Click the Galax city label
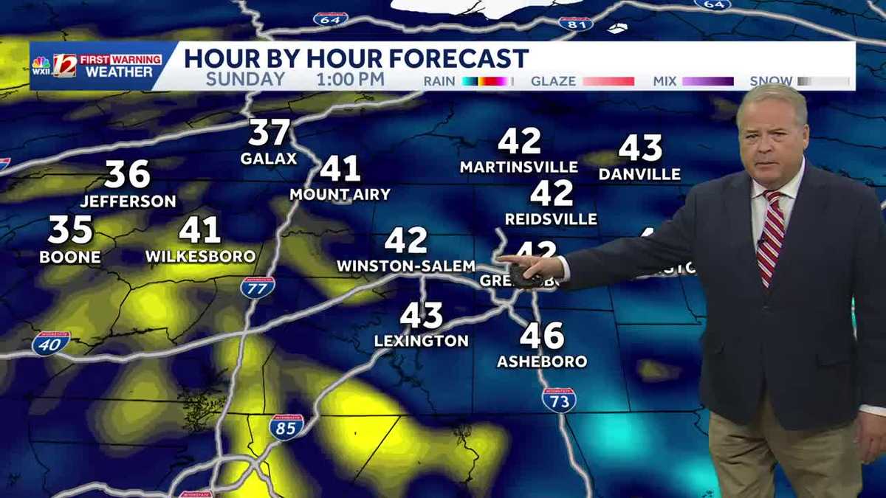(x=269, y=159)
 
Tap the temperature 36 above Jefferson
(x=127, y=175)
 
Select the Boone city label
(x=70, y=257)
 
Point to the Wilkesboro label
(x=201, y=257)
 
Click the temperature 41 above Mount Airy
(x=340, y=169)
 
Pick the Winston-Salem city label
(x=406, y=266)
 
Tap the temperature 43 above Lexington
(x=422, y=316)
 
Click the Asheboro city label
(x=542, y=362)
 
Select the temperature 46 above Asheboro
(x=542, y=336)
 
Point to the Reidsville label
(x=551, y=219)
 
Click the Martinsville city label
(x=519, y=167)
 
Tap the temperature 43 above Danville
(x=640, y=148)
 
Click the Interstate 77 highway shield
(x=258, y=287)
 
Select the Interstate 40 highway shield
(x=51, y=343)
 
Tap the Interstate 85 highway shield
(x=286, y=426)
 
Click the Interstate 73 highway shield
(x=559, y=399)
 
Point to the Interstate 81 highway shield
(x=575, y=23)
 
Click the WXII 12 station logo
(x=65, y=66)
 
